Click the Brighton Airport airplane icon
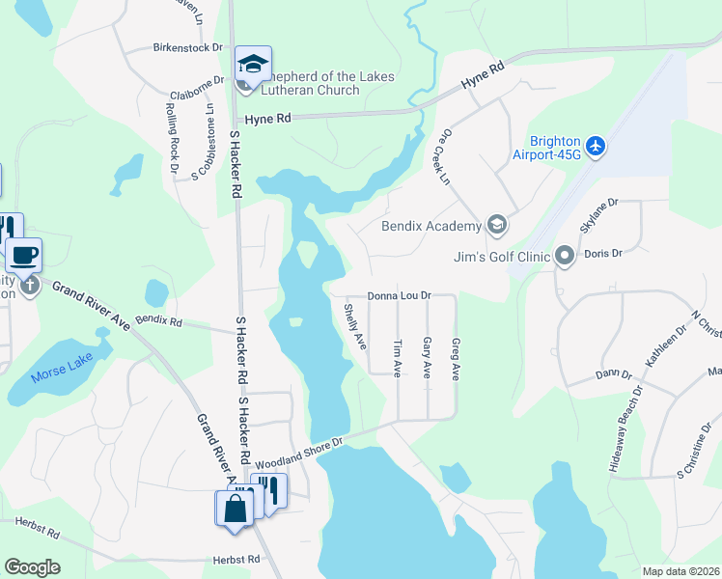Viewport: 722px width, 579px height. pyautogui.click(x=597, y=146)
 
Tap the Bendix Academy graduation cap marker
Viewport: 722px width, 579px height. pyautogui.click(x=496, y=226)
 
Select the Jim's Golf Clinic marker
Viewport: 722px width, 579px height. pyautogui.click(x=565, y=257)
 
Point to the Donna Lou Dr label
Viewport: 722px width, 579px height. pyautogui.click(x=398, y=296)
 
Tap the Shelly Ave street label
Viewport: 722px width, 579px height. pyautogui.click(x=355, y=326)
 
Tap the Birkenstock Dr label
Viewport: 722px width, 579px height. pyautogui.click(x=187, y=46)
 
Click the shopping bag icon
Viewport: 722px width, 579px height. pyautogui.click(x=236, y=508)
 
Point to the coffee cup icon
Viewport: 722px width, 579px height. pyautogui.click(x=23, y=257)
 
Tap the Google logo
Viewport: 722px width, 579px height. pyautogui.click(x=32, y=567)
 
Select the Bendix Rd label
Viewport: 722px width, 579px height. pyautogui.click(x=158, y=318)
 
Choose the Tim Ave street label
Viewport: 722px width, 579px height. pyautogui.click(x=397, y=358)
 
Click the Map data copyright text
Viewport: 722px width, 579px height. pyautogui.click(x=680, y=571)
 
